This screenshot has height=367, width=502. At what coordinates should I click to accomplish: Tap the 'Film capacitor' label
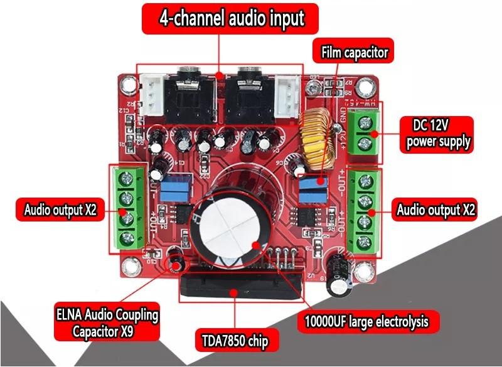(355, 53)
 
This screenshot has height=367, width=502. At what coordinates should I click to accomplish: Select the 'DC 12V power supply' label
(437, 134)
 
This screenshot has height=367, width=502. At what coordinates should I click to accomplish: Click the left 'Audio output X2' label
(60, 210)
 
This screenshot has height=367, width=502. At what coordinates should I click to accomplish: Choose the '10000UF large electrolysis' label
(367, 321)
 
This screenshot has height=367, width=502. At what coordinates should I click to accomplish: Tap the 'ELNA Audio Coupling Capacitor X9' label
(105, 321)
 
